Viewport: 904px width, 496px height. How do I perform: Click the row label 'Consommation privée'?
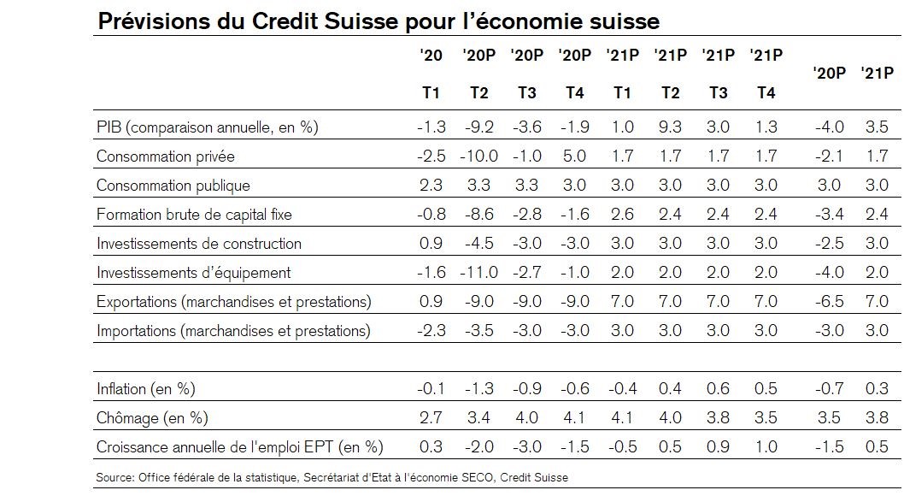[165, 156]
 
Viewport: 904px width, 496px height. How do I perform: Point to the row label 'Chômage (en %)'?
[152, 418]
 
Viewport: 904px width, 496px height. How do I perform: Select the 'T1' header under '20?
[432, 93]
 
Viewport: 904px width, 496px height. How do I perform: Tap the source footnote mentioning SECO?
[332, 476]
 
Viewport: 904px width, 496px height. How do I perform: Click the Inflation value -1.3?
[478, 389]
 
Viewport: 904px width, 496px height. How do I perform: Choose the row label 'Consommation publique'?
[173, 186]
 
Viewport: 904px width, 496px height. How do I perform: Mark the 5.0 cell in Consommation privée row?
[574, 156]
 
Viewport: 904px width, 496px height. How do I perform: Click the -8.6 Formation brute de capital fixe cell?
[478, 215]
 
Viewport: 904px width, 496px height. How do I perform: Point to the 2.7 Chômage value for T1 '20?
[432, 418]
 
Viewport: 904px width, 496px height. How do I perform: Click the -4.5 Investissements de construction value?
[478, 244]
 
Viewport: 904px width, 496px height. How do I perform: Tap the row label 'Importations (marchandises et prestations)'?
[233, 331]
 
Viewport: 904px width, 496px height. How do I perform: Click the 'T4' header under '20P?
[574, 93]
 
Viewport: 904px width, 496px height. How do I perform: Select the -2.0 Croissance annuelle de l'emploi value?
[478, 446]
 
